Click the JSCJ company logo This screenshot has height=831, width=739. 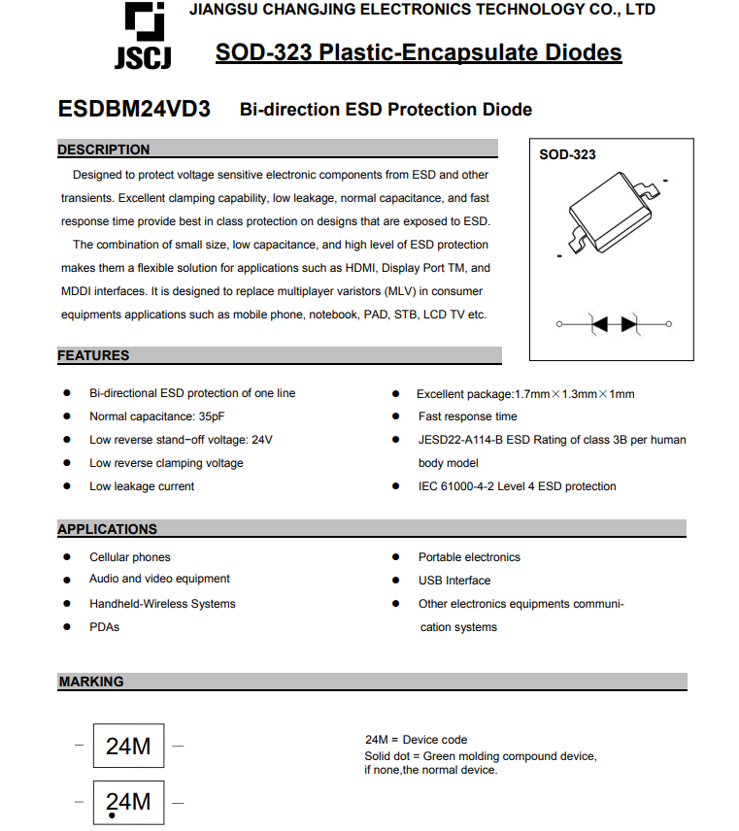coord(143,37)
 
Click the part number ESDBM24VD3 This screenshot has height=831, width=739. coord(134,109)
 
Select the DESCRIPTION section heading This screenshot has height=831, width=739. coord(104,150)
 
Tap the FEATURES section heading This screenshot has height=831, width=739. coord(93,355)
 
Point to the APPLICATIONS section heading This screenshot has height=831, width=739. coord(107,529)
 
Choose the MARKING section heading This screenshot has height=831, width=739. coord(91,681)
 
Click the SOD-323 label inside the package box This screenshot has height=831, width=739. coord(567,154)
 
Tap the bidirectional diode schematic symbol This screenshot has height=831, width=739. coord(614,323)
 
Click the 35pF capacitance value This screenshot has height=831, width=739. coord(211,416)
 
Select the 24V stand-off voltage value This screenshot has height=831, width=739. coord(262,440)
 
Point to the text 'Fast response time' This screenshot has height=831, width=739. coord(467,416)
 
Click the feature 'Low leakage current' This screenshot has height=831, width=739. coord(142,486)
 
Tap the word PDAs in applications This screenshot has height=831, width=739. coord(104,627)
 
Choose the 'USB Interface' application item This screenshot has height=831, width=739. coord(453,581)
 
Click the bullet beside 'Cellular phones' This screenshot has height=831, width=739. coord(67,557)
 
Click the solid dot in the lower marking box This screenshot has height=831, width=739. coord(113,815)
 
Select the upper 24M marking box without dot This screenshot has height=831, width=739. coord(128,746)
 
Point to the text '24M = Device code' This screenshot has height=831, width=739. coord(416,740)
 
